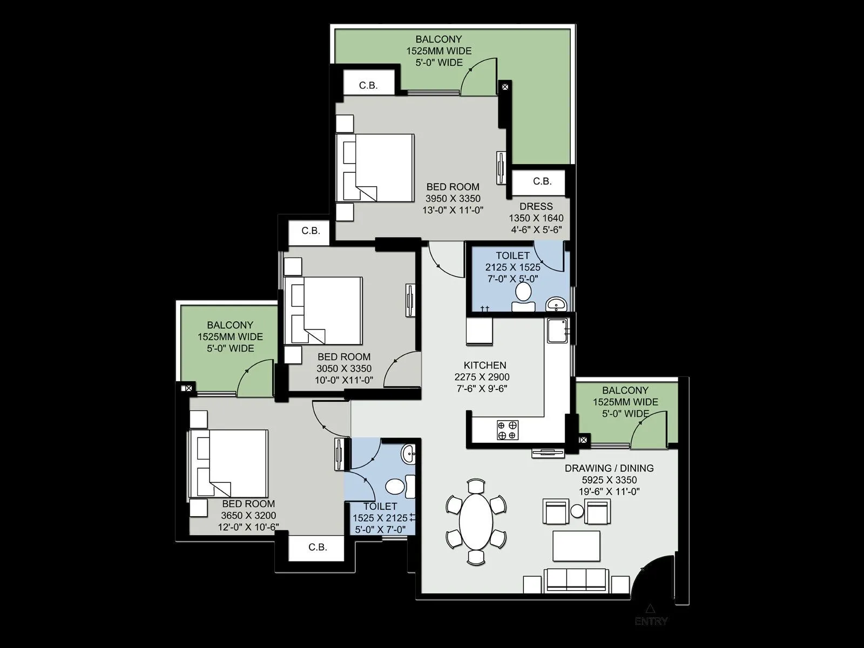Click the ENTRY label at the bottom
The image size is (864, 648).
(651, 621)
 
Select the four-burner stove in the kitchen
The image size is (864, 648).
(508, 429)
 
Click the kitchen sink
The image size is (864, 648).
(556, 330)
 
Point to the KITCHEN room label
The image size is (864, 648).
(484, 365)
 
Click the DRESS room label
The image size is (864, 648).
(536, 206)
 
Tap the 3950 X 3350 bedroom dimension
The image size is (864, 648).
(453, 198)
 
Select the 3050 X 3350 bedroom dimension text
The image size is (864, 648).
(344, 368)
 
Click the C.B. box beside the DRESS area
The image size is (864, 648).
(542, 181)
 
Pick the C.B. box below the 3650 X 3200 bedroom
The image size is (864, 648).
(318, 547)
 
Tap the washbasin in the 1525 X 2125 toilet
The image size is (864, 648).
(409, 453)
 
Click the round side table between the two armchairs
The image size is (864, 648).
(577, 510)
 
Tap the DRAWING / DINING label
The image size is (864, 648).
(609, 468)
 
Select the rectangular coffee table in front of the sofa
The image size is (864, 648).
(576, 545)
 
